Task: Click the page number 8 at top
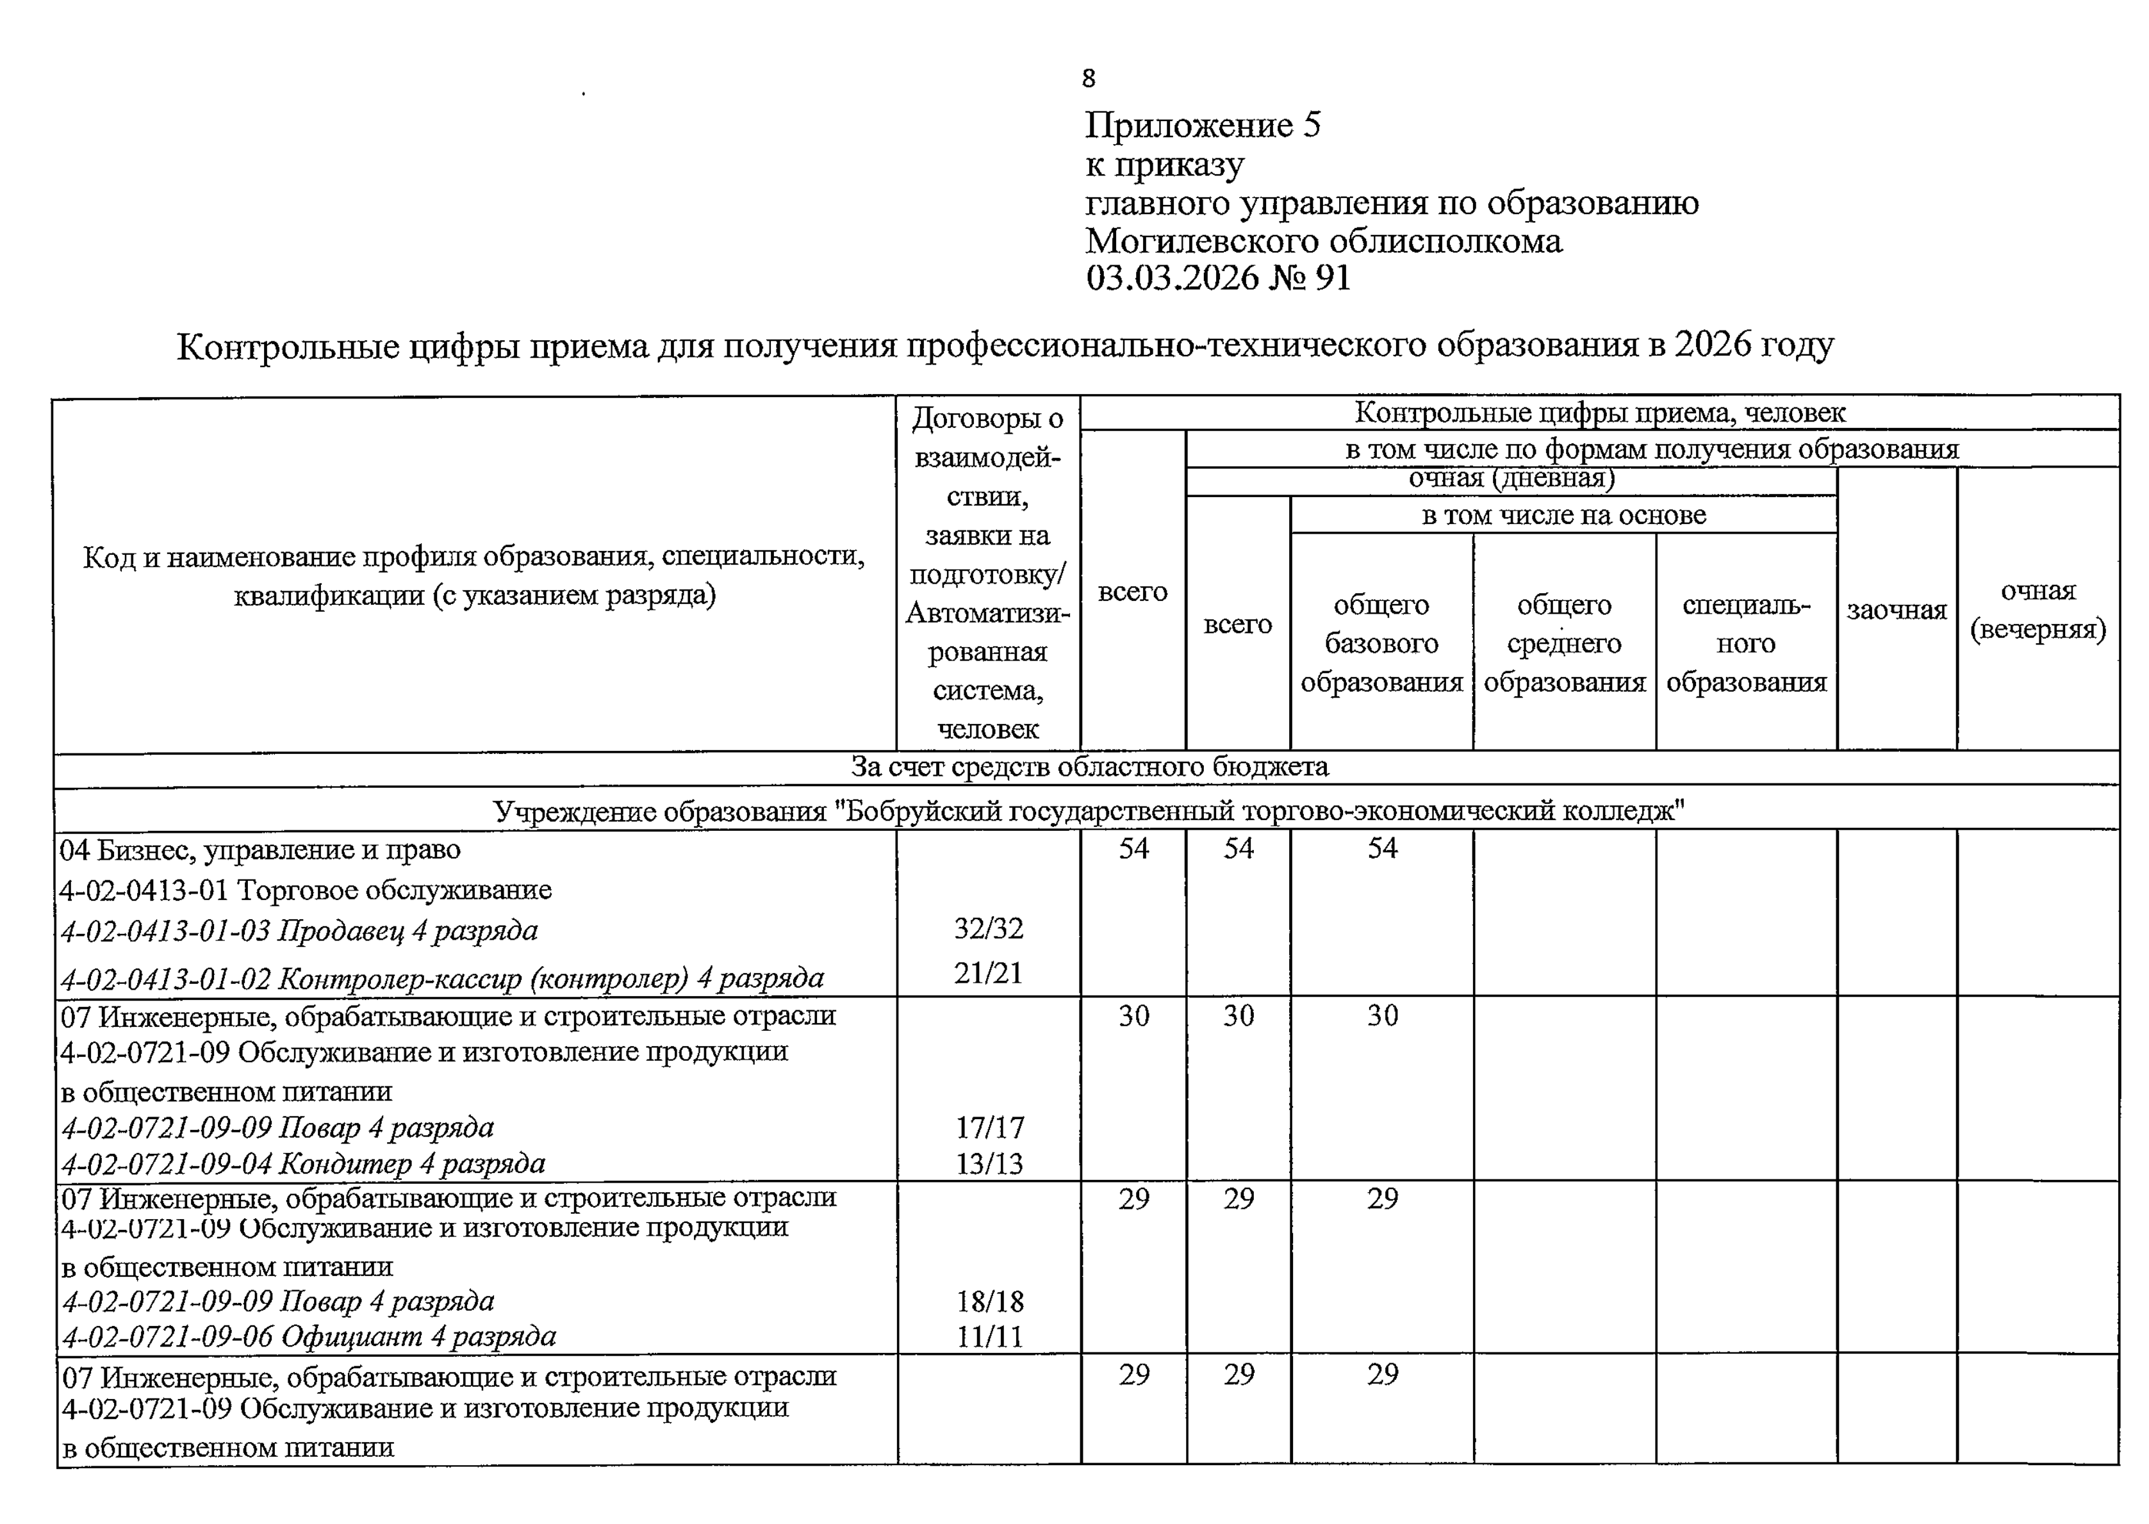point(1088,79)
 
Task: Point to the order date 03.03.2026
point(1172,278)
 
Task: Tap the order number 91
point(1333,278)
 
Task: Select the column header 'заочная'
point(1897,610)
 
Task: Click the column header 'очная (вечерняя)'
point(2038,610)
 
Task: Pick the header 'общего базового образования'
point(1381,643)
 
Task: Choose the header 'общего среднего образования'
point(1565,643)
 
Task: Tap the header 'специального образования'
point(1747,643)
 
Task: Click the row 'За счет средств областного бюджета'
point(1089,767)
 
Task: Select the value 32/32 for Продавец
point(988,928)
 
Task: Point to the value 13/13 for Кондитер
point(989,1163)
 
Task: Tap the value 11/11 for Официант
point(989,1336)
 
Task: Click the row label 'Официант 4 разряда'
point(309,1336)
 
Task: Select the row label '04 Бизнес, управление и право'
point(261,849)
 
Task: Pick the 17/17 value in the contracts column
point(989,1127)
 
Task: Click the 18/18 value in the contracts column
point(989,1302)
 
